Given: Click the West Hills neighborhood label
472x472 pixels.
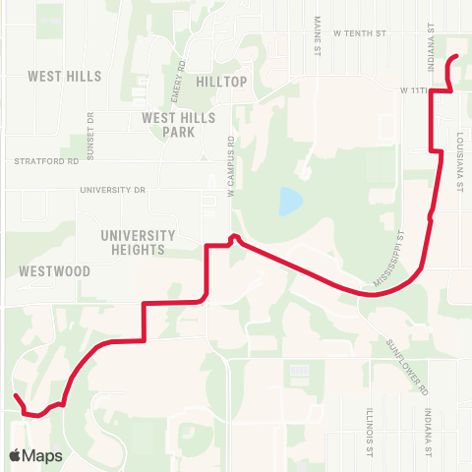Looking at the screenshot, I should (x=58, y=76).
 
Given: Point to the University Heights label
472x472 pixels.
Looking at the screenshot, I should (x=137, y=242).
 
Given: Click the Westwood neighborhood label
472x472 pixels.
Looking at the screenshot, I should (x=54, y=270).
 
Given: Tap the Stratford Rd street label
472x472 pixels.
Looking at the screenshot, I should (x=44, y=160).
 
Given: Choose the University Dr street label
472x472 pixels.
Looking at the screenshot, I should (x=112, y=189).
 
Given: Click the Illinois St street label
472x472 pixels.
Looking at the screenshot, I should (x=369, y=433).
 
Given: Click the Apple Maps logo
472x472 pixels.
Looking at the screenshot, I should (x=35, y=455).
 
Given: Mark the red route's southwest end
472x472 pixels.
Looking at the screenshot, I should (x=17, y=396).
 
